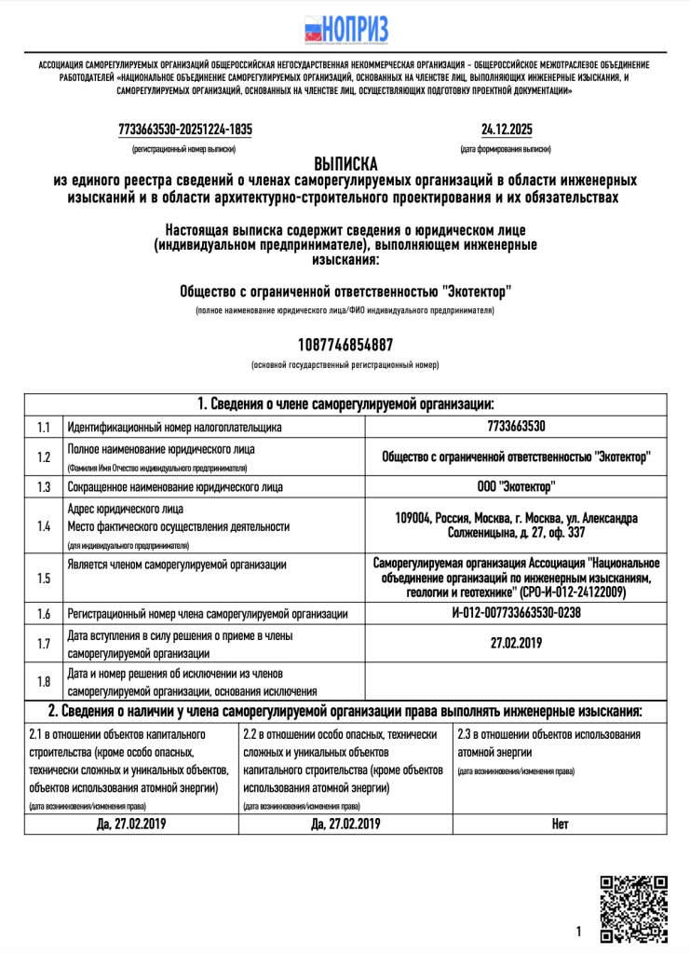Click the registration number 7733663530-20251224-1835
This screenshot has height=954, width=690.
click(x=186, y=129)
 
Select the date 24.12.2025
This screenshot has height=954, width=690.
click(x=507, y=129)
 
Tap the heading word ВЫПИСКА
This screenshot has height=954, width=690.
click(x=345, y=163)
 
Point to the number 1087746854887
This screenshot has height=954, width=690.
click(x=345, y=345)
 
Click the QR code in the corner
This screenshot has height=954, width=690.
click(x=633, y=908)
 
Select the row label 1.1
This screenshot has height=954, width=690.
click(x=43, y=427)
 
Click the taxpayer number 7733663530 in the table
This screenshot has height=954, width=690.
click(x=515, y=427)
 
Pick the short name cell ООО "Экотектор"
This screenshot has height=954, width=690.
click(x=515, y=486)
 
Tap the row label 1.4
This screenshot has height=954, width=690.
click(x=43, y=526)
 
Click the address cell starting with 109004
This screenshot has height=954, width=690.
click(x=515, y=525)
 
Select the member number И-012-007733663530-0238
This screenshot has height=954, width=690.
click(x=515, y=614)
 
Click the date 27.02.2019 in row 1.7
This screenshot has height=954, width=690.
click(x=515, y=643)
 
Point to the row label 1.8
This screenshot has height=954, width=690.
click(x=43, y=681)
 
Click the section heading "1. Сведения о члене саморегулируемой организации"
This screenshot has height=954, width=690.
click(x=345, y=404)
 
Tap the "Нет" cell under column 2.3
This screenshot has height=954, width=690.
click(x=560, y=824)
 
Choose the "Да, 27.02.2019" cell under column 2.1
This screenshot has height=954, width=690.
click(x=131, y=824)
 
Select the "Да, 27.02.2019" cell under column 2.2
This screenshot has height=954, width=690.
click(x=345, y=824)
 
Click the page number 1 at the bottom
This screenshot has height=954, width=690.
click(x=578, y=931)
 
